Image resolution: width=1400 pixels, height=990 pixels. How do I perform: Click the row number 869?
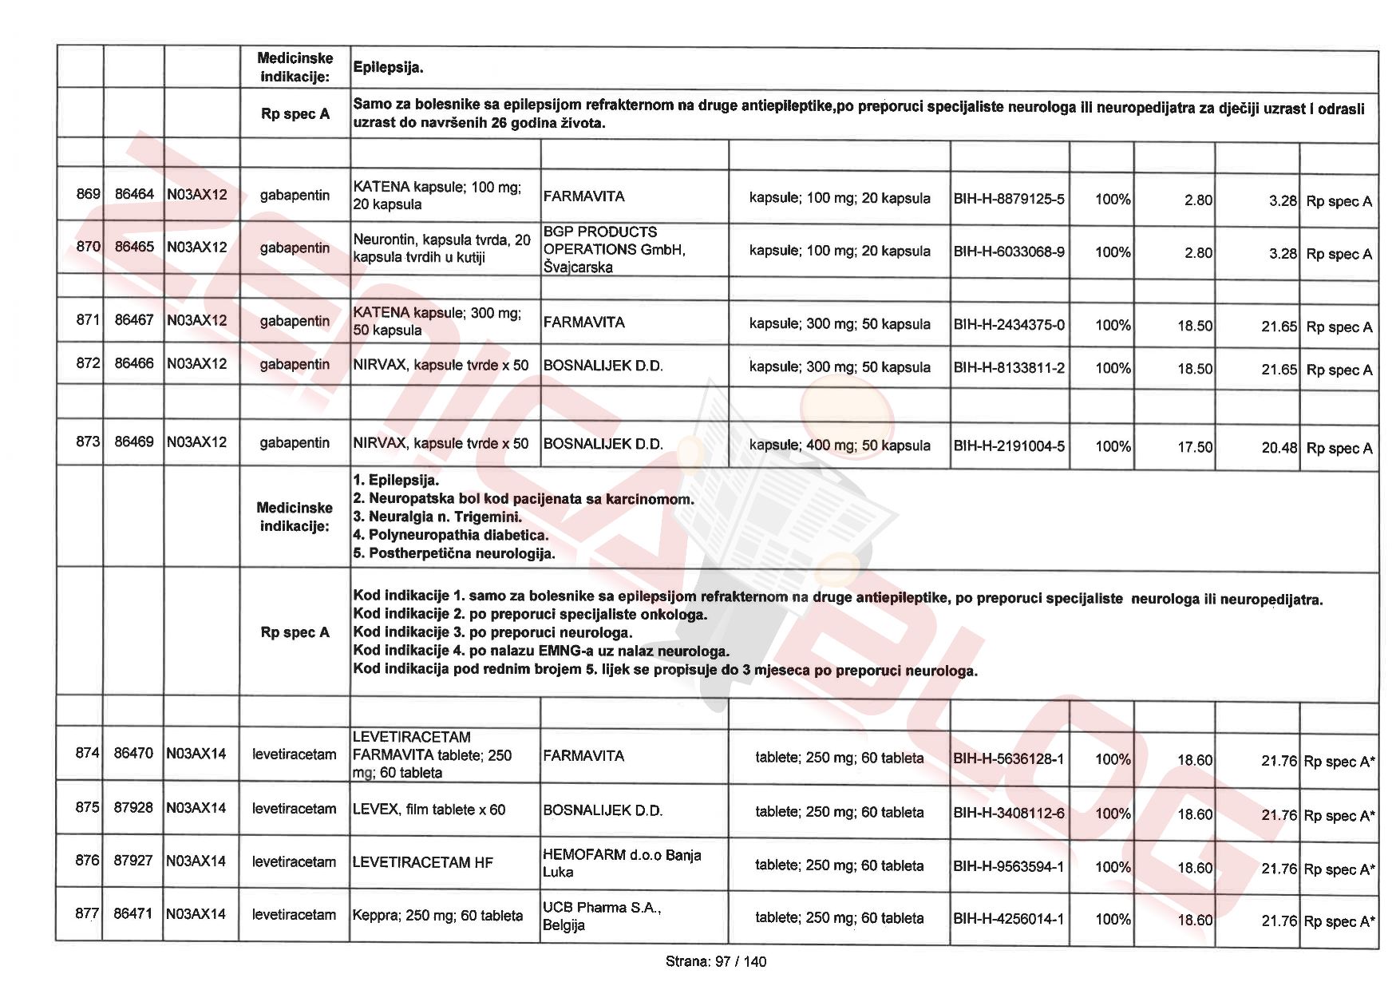coord(88,194)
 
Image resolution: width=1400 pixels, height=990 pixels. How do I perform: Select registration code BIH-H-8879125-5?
coord(1009,199)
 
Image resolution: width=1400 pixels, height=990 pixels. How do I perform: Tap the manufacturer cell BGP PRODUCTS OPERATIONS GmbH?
coord(614,249)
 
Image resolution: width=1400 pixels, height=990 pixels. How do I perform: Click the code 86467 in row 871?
coord(134,320)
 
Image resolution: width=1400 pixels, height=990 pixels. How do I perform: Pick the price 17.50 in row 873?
coord(1194,447)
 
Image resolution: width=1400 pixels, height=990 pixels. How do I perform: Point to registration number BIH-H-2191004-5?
coord(1009,445)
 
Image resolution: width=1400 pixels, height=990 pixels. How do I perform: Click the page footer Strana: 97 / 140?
coord(715,961)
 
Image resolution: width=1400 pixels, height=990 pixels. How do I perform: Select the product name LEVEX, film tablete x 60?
coord(429,810)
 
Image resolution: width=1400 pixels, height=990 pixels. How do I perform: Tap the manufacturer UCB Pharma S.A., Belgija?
coord(602,917)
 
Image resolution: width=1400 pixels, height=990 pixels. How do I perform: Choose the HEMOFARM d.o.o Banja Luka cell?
coord(622,863)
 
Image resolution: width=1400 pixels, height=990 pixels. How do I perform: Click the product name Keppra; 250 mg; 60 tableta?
coord(437,916)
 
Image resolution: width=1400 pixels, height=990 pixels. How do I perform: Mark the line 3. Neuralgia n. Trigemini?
coord(437,517)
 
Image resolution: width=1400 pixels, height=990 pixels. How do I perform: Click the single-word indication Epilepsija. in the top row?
coord(388,68)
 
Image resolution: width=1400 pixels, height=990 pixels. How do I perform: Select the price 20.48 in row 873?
coord(1279,448)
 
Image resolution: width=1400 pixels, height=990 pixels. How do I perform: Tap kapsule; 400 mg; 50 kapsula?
coord(839,445)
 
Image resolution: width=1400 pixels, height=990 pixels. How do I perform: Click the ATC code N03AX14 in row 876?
coord(196,861)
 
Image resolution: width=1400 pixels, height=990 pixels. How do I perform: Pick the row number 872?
coord(88,363)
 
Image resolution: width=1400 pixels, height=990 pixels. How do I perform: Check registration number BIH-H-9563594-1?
coord(1008,866)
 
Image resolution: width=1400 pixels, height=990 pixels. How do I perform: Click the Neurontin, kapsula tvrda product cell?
coord(441,248)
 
